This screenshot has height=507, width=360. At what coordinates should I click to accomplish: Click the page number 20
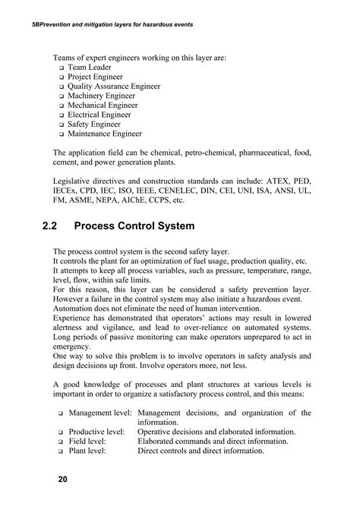[x=62, y=480]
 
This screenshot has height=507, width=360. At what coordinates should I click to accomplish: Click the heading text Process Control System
[x=146, y=225]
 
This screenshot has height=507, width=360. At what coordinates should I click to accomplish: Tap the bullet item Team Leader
[x=90, y=68]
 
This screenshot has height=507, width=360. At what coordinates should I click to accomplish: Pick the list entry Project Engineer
[x=96, y=78]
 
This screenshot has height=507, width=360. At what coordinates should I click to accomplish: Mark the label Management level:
[x=100, y=413]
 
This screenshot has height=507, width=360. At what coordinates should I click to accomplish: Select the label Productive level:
[x=97, y=432]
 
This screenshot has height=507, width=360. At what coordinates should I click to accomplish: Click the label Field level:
[x=87, y=442]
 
